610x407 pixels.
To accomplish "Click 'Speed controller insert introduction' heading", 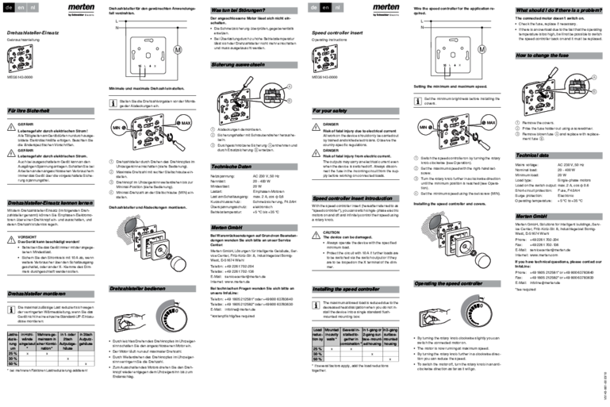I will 355,198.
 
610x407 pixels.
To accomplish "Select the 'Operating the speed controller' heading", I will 457,283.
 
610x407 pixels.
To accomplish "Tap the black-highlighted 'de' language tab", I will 10,7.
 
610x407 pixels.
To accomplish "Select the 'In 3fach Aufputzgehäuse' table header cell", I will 87,342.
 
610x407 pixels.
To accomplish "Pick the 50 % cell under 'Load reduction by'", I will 318,359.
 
